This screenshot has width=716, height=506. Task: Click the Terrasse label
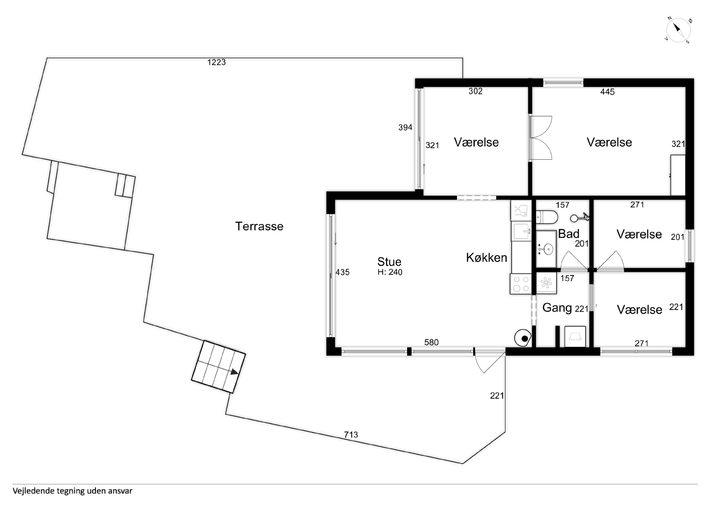click(x=259, y=226)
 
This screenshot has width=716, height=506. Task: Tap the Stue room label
click(x=389, y=262)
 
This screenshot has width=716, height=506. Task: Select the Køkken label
click(x=487, y=258)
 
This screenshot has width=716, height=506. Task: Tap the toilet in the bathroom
click(x=547, y=217)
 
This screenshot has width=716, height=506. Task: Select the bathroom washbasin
click(x=546, y=249)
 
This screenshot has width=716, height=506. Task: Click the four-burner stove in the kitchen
click(x=521, y=284)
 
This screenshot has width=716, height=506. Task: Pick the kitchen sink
click(x=521, y=231)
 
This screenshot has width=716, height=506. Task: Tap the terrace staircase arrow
click(x=235, y=372)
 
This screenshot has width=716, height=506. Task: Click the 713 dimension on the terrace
click(x=351, y=435)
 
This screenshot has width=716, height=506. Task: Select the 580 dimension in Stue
click(x=431, y=342)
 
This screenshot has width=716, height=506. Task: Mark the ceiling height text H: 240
click(x=390, y=272)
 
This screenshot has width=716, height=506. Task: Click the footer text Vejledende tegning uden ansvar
click(x=72, y=491)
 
